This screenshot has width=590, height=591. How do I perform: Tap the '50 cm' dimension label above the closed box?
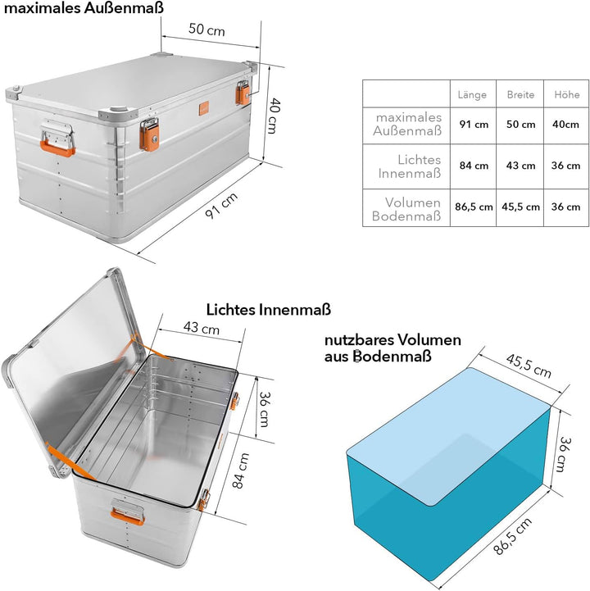pyautogui.click(x=206, y=30)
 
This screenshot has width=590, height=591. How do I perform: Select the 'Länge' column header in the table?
pyautogui.click(x=472, y=95)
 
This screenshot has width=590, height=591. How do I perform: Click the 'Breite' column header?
pyautogui.click(x=520, y=95)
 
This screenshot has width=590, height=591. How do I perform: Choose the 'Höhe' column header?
pyautogui.click(x=566, y=95)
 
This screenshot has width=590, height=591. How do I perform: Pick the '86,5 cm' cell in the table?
pyautogui.click(x=473, y=207)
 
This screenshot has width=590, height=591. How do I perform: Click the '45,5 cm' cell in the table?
pyautogui.click(x=520, y=207)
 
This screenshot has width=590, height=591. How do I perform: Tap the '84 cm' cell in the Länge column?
pyautogui.click(x=473, y=166)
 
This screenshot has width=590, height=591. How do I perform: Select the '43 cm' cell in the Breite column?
pyautogui.click(x=520, y=166)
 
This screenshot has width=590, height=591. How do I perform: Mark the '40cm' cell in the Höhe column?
pyautogui.click(x=566, y=125)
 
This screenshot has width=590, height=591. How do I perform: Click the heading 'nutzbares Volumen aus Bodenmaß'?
pyautogui.click(x=392, y=348)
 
